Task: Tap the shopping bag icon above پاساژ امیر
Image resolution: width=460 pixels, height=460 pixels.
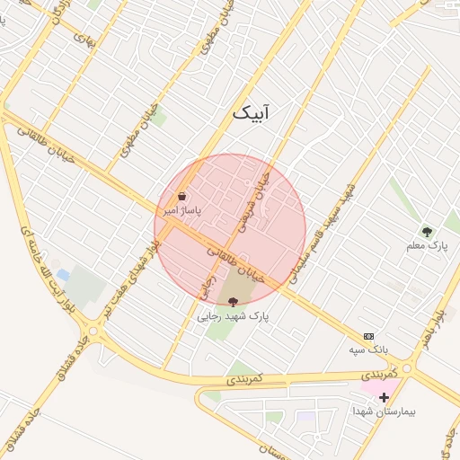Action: pyautogui.click(x=182, y=196)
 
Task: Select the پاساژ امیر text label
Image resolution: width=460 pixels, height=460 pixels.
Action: pyautogui.click(x=182, y=209)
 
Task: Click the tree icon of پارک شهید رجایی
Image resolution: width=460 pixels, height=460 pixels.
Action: pyautogui.click(x=234, y=302)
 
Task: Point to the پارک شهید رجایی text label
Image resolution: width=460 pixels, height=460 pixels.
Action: pyautogui.click(x=234, y=316)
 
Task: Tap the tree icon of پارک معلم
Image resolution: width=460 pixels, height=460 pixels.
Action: pyautogui.click(x=427, y=232)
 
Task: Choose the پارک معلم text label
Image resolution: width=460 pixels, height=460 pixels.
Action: pyautogui.click(x=426, y=245)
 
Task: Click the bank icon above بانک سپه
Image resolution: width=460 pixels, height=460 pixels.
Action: pyautogui.click(x=368, y=335)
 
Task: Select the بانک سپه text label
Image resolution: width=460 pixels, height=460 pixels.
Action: pyautogui.click(x=368, y=348)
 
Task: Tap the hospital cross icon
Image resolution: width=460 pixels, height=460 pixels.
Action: pyautogui.click(x=384, y=396)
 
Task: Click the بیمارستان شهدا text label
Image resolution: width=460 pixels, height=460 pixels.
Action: pyautogui.click(x=384, y=411)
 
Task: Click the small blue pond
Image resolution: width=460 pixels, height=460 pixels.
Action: pyautogui.click(x=62, y=274)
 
